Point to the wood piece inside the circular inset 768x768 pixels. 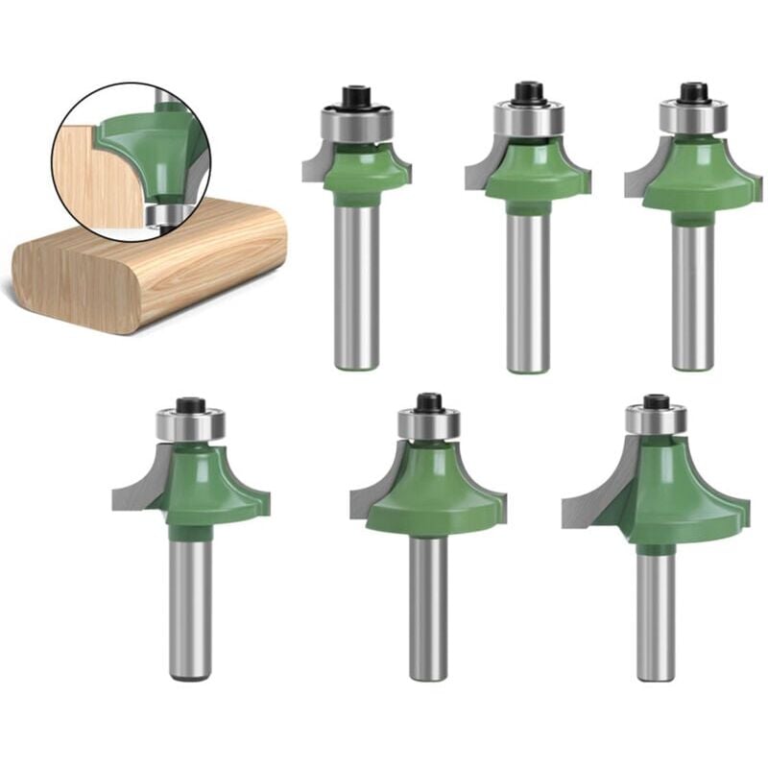[91, 173]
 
